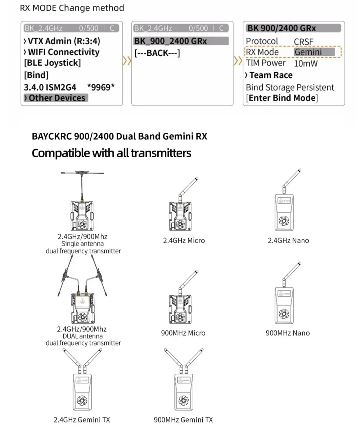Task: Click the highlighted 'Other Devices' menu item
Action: click(56, 98)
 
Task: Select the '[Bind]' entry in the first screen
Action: click(36, 75)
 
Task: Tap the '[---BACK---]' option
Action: click(157, 53)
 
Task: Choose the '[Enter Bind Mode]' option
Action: click(282, 98)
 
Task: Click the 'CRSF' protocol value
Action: click(303, 41)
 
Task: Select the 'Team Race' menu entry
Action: click(271, 75)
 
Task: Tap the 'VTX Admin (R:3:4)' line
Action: click(62, 41)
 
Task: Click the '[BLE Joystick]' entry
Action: click(53, 63)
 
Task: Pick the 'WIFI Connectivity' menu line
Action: click(62, 52)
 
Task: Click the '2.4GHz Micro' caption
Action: click(184, 240)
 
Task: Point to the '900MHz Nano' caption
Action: click(288, 333)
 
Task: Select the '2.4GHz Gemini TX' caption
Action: click(82, 420)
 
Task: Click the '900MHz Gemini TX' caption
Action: click(183, 420)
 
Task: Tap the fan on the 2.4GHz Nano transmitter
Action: click(284, 221)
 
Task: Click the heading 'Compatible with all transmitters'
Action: click(111, 153)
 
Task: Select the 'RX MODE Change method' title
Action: click(72, 8)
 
